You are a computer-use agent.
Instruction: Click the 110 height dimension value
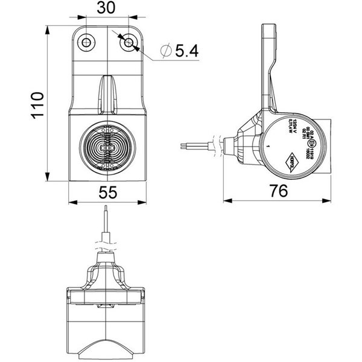(x=37, y=104)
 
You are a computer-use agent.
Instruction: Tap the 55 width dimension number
(x=108, y=191)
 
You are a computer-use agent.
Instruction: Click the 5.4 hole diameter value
(x=186, y=52)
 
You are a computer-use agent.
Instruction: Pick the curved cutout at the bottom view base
(x=107, y=348)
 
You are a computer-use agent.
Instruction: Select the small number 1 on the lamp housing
(x=267, y=147)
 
